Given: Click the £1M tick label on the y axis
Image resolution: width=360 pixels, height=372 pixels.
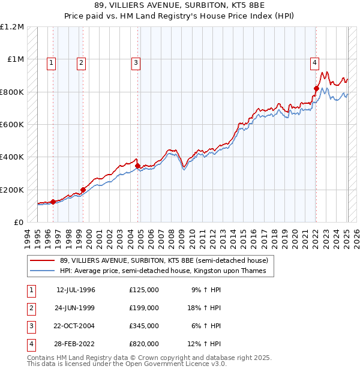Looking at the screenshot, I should tap(15, 59).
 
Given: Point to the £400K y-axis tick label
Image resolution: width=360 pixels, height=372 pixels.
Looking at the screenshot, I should tap(13, 157).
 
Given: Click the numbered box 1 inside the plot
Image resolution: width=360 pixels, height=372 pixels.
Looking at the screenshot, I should tap(52, 61).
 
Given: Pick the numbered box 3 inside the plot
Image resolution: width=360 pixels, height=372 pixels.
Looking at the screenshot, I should tap(136, 61).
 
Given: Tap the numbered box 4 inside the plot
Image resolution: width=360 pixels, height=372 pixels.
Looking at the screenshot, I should tap(314, 61).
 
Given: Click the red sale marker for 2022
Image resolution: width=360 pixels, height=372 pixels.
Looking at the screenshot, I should tap(316, 88).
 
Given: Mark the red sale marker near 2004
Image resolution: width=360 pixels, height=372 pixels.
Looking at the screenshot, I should tap(138, 166).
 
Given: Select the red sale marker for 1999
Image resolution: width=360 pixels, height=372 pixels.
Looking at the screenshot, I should tap(83, 190).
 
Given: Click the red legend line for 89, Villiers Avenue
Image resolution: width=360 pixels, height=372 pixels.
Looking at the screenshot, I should tap(42, 260).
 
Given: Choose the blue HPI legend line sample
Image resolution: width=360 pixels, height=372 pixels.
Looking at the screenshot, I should tap(42, 271).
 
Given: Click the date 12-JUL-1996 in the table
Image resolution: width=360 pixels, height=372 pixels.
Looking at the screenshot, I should tap(76, 290).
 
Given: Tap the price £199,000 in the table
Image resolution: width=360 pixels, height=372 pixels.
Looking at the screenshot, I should tap(144, 308).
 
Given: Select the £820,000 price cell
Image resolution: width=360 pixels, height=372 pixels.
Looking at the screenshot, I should tap(144, 344).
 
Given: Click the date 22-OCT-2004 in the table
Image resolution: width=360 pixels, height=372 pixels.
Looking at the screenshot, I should tap(76, 326).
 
